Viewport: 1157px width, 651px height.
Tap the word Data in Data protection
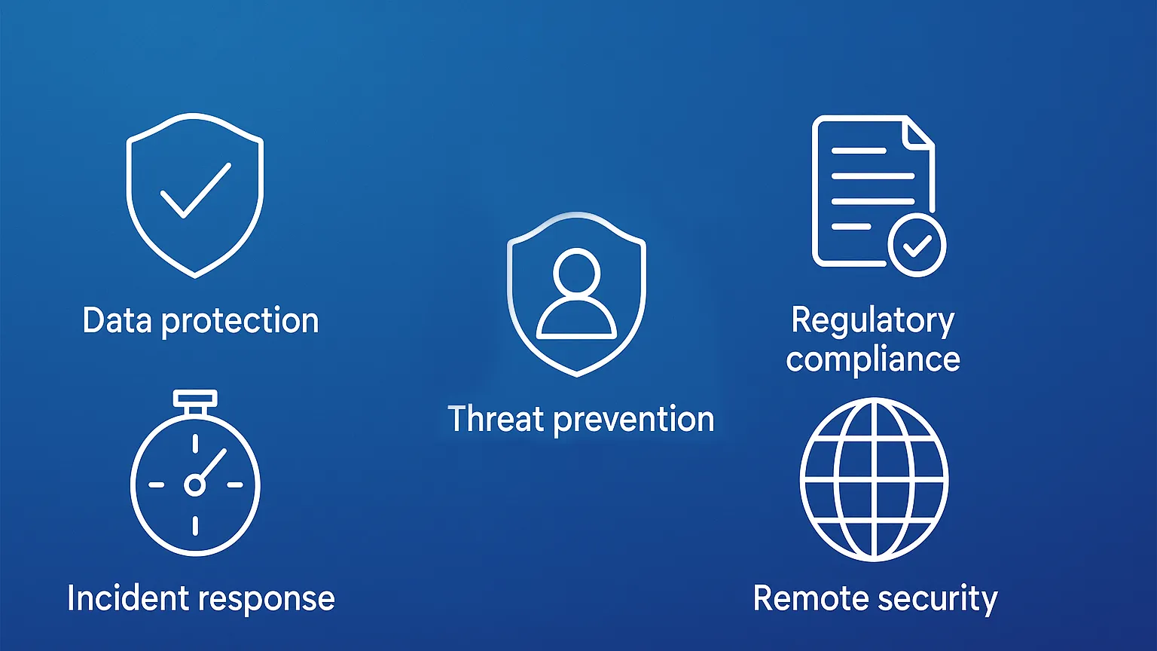coord(118,320)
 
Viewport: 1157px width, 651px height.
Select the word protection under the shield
coord(240,322)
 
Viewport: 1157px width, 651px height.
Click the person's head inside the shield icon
coord(576,272)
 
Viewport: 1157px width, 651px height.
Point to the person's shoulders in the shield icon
coord(576,319)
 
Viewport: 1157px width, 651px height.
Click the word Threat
coord(496,418)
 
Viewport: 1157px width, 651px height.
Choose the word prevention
coord(633,420)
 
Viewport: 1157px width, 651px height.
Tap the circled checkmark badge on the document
coord(917,245)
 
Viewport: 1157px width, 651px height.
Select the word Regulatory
coord(873,322)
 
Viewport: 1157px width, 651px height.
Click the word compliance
coord(873,360)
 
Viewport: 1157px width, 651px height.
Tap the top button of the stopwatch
coord(195,399)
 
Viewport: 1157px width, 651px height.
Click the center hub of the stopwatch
coord(195,485)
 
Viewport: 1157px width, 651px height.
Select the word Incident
coord(128,598)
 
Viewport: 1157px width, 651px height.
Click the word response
coord(267,601)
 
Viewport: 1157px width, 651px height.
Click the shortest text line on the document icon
coord(851,226)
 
